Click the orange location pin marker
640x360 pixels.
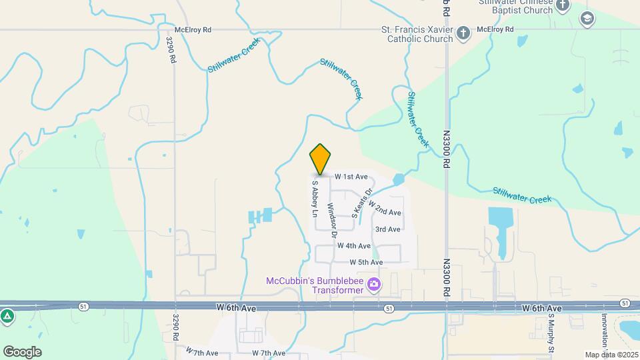tap(321, 159)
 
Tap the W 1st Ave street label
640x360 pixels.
tap(351, 177)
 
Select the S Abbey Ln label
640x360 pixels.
tap(315, 199)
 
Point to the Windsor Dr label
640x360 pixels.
tap(331, 221)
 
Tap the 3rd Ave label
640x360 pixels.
tap(387, 229)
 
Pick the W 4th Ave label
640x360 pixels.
tap(353, 246)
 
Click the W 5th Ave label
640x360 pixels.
tap(365, 263)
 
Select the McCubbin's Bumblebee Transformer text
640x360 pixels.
tap(314, 285)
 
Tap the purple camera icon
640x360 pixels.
tap(374, 285)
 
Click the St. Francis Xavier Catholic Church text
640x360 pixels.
tap(417, 34)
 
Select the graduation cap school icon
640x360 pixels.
tap(587, 18)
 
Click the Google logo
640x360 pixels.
tap(22, 351)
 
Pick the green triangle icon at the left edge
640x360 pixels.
tap(7, 315)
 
